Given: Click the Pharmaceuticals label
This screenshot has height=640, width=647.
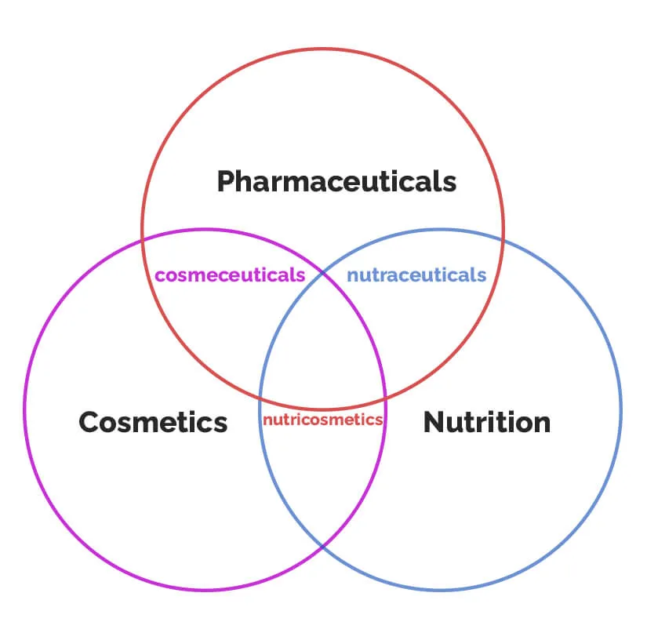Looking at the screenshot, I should click(336, 182).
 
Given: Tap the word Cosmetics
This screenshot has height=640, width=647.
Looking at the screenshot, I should click(153, 422).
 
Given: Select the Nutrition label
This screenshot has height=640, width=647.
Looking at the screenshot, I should click(486, 422).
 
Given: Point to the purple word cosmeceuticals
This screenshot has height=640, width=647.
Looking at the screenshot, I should click(230, 275).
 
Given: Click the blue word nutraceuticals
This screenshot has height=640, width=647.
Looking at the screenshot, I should click(416, 275).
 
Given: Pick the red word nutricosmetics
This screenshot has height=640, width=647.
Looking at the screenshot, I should click(322, 420).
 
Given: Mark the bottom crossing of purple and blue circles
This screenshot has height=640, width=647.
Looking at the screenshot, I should click(322, 546).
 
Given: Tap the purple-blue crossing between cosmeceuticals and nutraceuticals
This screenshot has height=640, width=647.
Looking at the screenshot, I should click(322, 274).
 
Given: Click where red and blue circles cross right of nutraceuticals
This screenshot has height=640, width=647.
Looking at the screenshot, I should click(502, 240).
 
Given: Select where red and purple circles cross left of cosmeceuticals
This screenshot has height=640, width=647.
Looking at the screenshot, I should click(144, 240).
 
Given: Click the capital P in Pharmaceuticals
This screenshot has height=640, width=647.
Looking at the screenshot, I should click(226, 182).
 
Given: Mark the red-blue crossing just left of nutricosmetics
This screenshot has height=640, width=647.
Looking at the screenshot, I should click(261, 397).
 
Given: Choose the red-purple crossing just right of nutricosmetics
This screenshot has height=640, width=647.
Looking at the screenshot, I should click(384, 397).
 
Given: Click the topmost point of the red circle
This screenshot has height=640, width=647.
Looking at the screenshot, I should click(322, 49).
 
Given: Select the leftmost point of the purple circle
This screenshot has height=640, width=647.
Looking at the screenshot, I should click(24, 409).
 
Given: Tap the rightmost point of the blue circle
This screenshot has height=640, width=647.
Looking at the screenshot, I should click(620, 409).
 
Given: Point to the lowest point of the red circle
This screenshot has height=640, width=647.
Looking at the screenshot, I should click(322, 408).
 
